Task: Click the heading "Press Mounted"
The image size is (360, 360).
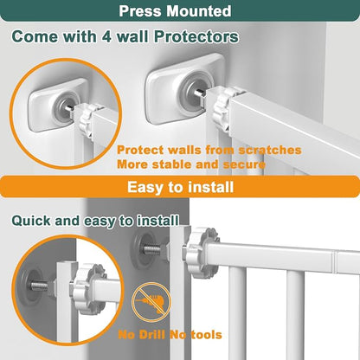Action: (175, 11)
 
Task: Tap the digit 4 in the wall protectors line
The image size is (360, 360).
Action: (106, 36)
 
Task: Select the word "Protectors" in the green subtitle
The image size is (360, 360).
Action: (196, 36)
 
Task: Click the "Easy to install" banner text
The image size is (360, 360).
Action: (180, 187)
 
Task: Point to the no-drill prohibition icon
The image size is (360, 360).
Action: (151, 302)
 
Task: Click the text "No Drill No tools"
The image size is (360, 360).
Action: (170, 335)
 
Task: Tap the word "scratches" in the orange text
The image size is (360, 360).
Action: (270, 150)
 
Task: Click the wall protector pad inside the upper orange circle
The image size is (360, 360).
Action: (58, 105)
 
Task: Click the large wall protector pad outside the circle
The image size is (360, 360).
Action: (184, 88)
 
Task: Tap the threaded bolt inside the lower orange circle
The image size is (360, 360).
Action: (40, 286)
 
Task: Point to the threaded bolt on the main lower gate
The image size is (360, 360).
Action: (152, 249)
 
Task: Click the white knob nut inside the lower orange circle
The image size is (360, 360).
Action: (87, 287)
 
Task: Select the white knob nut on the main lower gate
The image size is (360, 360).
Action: (200, 252)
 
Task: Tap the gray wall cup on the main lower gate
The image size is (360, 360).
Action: (140, 249)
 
